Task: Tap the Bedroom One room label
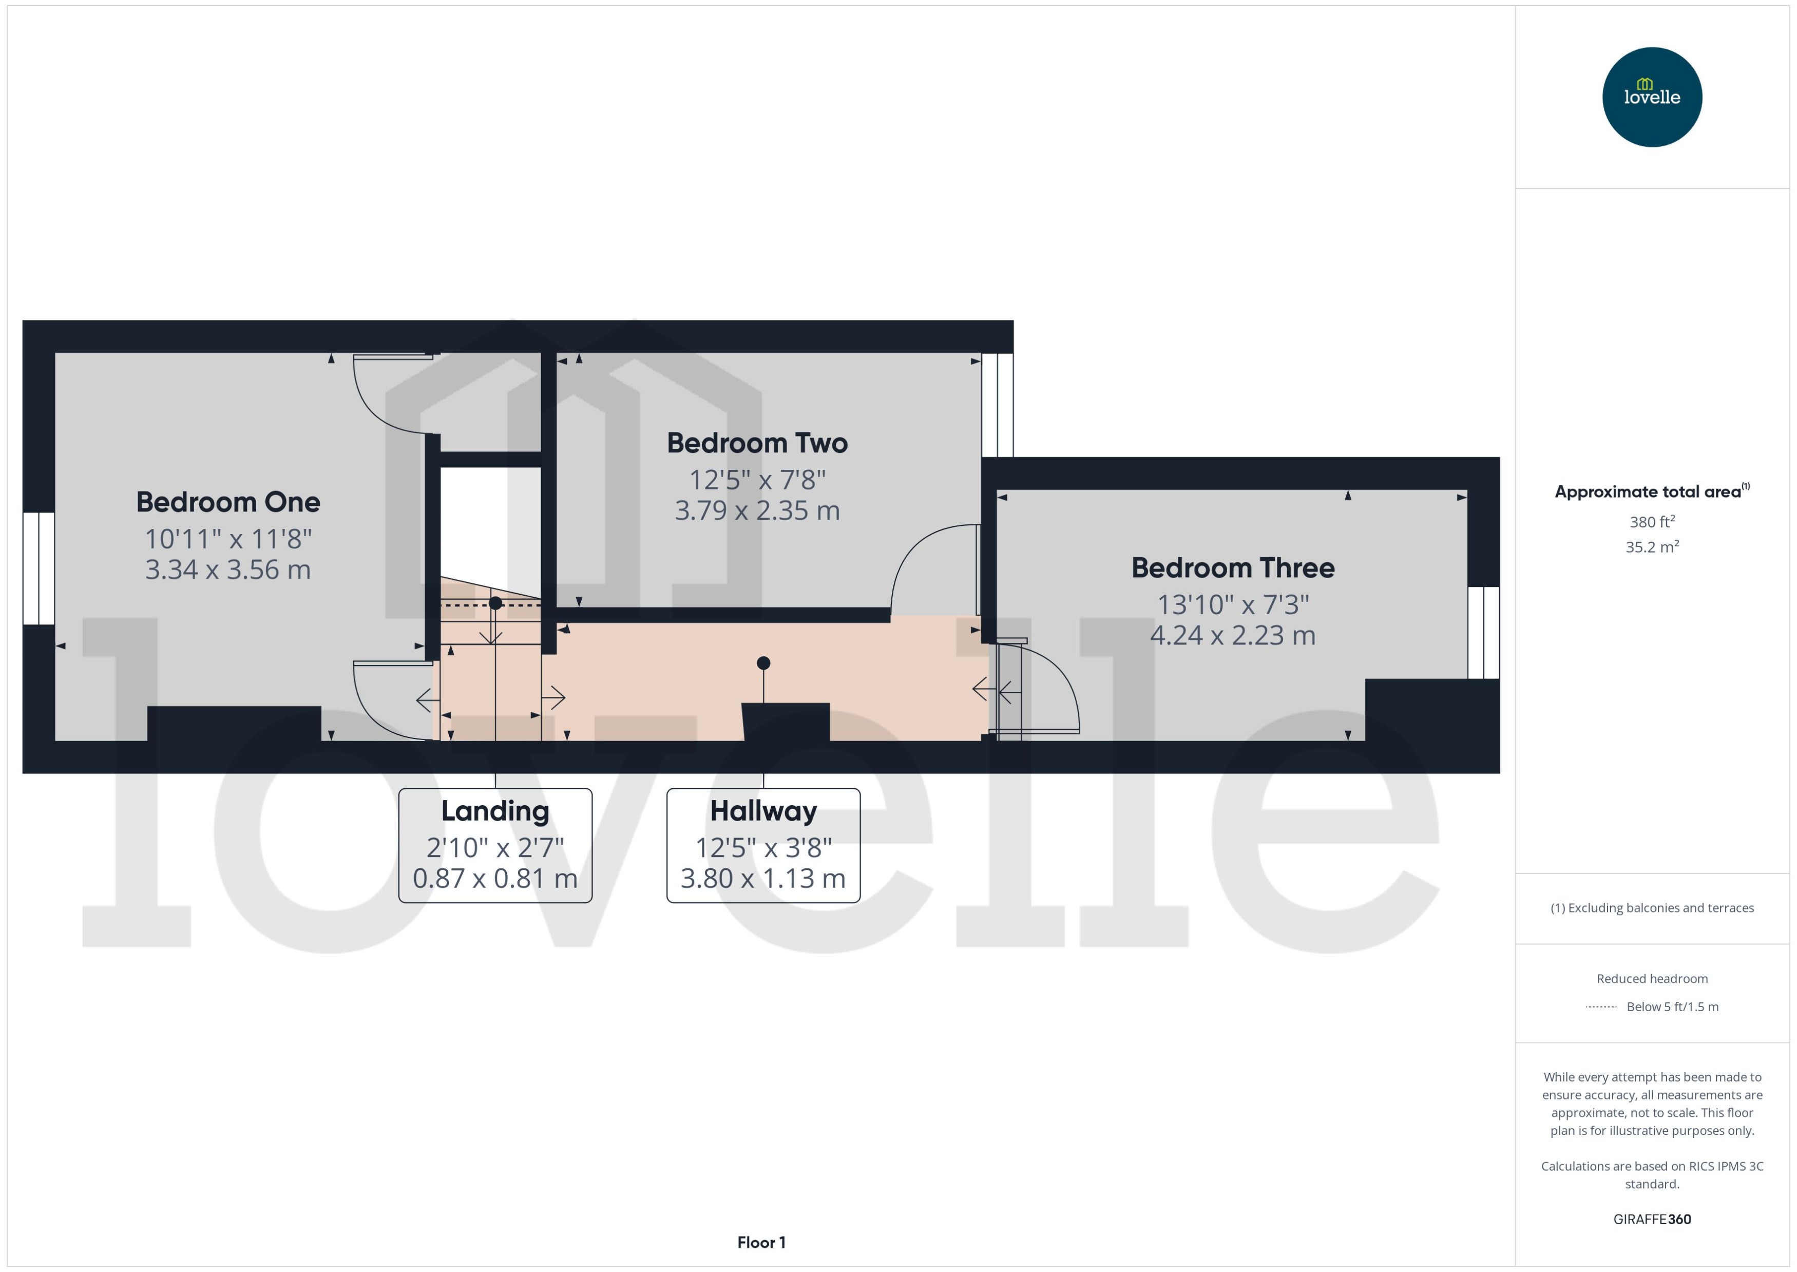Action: click(228, 502)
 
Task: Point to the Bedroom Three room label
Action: click(1232, 568)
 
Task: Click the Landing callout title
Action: click(495, 811)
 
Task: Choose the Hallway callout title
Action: click(763, 811)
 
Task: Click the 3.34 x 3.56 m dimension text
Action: click(228, 569)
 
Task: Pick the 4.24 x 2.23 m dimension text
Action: click(1232, 635)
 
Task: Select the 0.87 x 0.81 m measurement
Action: click(495, 879)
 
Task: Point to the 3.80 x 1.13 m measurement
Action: click(763, 879)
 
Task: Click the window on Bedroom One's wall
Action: click(39, 568)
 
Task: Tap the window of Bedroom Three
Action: click(1483, 633)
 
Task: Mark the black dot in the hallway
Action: click(763, 663)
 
